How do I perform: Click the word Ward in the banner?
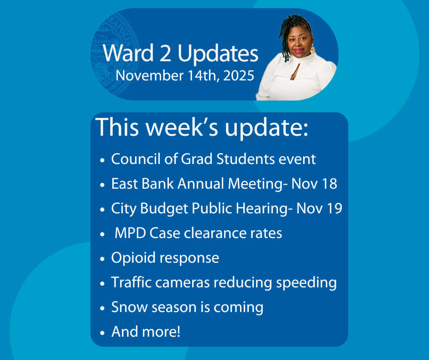click(128, 53)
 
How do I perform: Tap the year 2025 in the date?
click(239, 76)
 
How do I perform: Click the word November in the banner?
click(150, 76)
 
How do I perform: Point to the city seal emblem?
click(115, 54)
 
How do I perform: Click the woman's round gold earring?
click(312, 50)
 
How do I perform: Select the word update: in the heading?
click(267, 127)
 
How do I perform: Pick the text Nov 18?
click(314, 184)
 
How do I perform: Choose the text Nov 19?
click(319, 208)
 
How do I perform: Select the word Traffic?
click(131, 282)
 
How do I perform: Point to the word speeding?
click(306, 283)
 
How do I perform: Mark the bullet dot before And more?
click(102, 333)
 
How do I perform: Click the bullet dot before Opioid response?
click(102, 259)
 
